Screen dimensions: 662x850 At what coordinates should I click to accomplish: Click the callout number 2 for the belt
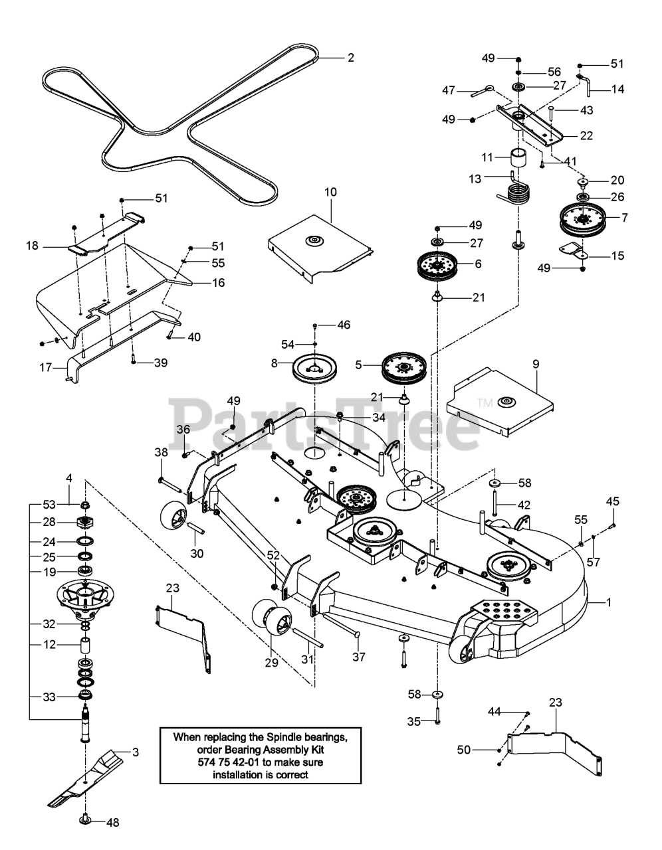(x=351, y=58)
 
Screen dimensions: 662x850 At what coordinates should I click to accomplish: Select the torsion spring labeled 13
(x=514, y=190)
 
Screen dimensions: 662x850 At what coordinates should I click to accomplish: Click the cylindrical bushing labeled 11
(x=518, y=158)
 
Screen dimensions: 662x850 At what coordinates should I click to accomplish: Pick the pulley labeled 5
(x=404, y=367)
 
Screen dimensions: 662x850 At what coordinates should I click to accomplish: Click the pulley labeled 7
(x=582, y=219)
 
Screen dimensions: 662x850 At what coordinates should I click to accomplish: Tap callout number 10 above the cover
(x=330, y=192)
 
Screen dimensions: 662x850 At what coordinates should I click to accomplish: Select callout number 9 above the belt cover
(x=536, y=364)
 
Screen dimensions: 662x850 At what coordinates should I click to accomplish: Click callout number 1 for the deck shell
(x=608, y=602)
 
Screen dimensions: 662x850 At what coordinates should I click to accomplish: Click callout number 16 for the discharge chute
(x=219, y=282)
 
